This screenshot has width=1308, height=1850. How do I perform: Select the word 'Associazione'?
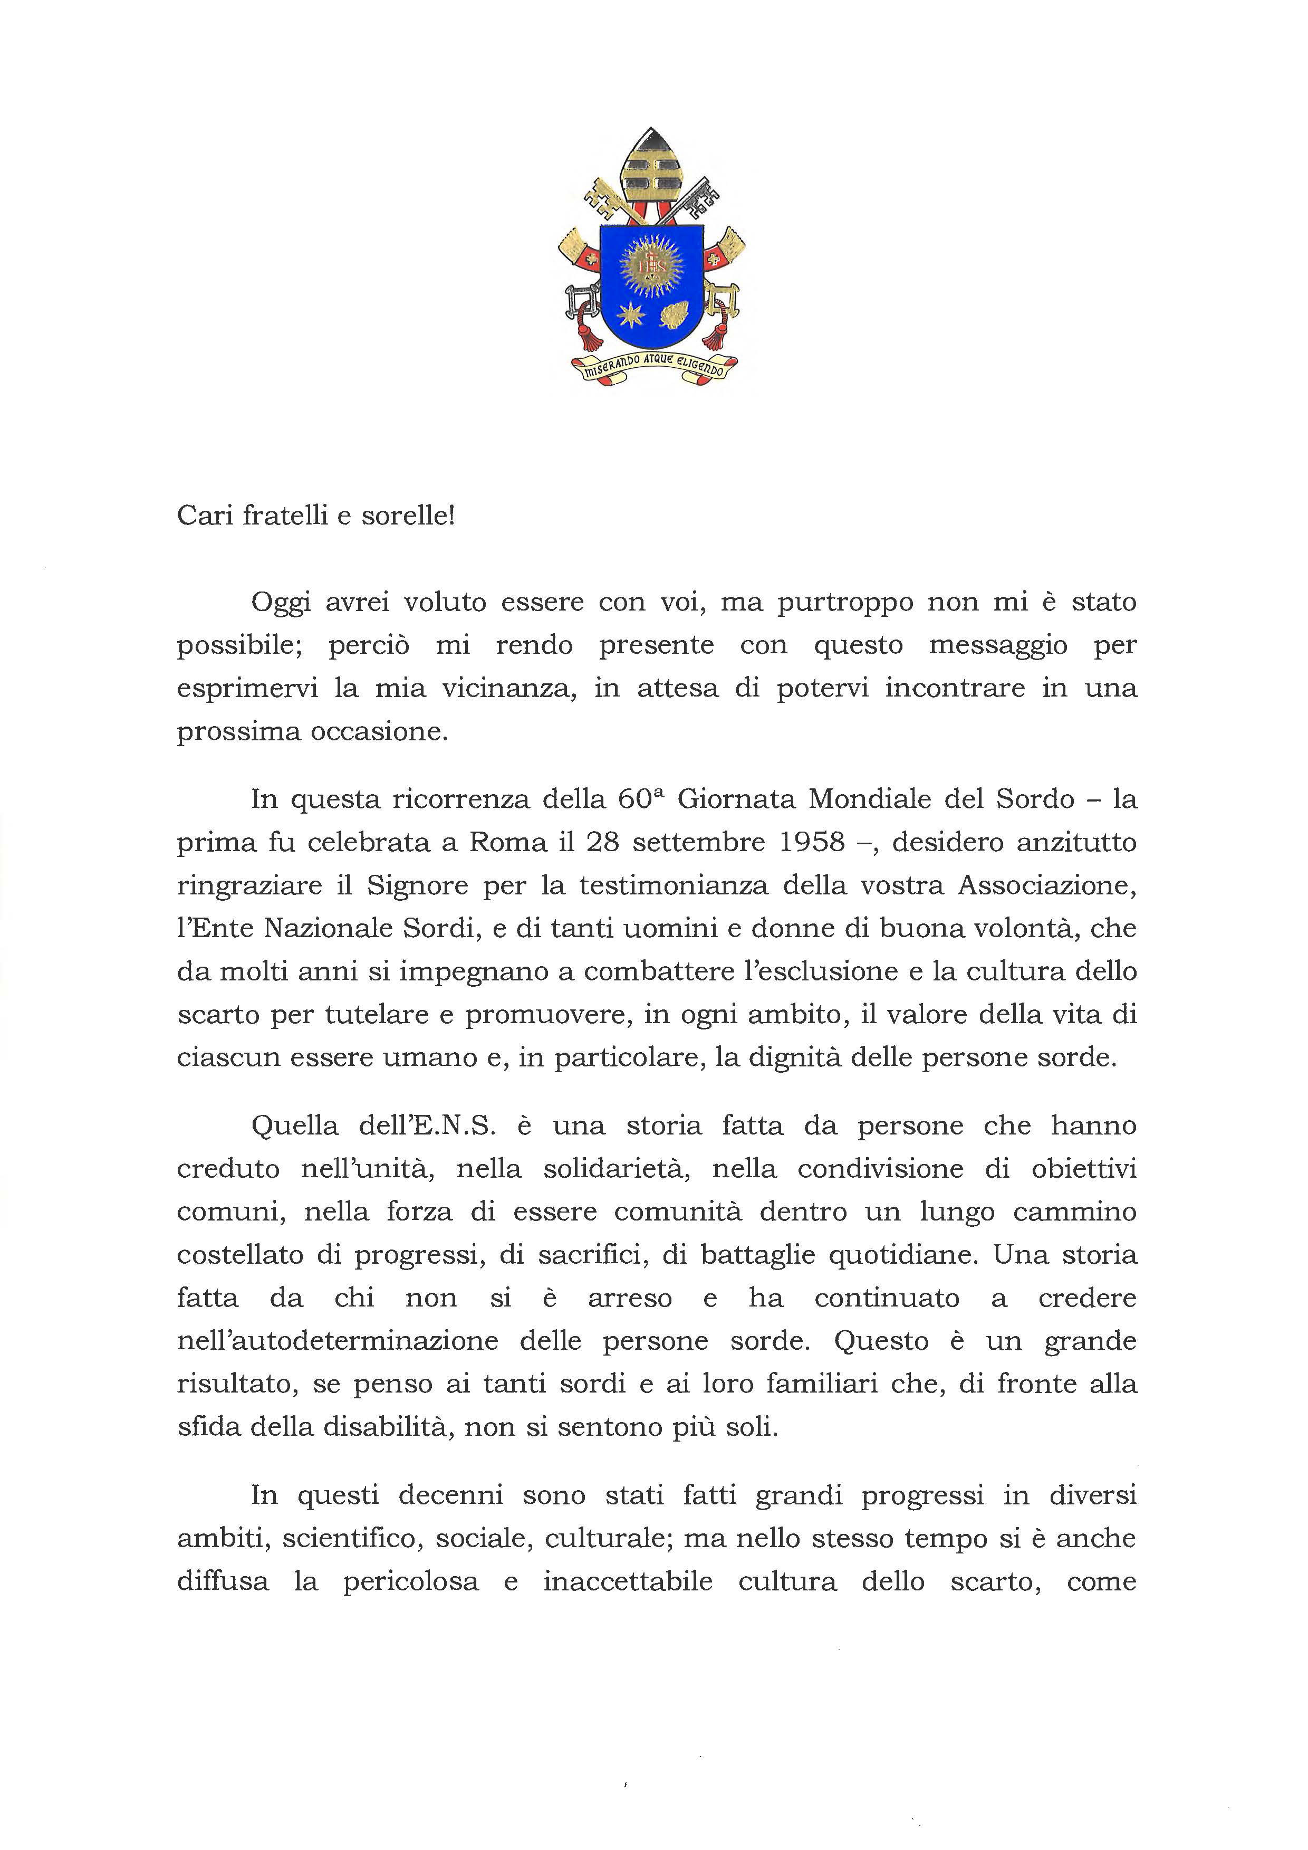(x=1047, y=885)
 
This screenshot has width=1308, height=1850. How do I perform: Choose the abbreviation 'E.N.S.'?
(x=451, y=1126)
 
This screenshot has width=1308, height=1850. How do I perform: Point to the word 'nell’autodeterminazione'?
(x=338, y=1341)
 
